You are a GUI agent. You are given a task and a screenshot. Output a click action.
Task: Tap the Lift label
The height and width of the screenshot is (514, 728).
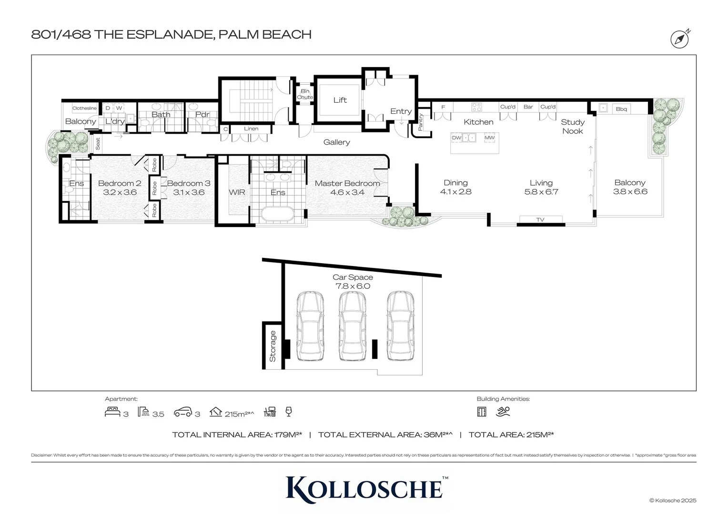click(x=340, y=100)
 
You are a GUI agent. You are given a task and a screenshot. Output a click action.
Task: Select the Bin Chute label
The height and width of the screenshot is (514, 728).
click(x=305, y=94)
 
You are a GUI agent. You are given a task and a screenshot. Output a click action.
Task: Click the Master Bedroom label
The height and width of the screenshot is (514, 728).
click(x=347, y=183)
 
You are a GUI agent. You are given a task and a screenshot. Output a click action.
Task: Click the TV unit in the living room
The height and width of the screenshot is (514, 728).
click(x=540, y=219)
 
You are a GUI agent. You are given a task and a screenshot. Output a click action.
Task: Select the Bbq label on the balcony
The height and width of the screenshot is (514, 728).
click(x=621, y=109)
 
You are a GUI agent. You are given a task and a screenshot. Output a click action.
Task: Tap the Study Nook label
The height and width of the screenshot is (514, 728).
click(x=572, y=127)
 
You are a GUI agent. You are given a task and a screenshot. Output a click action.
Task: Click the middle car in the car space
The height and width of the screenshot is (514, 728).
click(x=353, y=326)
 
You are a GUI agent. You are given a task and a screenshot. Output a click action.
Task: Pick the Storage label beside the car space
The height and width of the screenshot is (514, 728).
click(x=273, y=346)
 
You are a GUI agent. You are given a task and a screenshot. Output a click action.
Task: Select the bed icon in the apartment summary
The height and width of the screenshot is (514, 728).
click(x=112, y=412)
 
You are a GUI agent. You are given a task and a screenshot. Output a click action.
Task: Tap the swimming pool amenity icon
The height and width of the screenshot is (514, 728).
click(x=503, y=412)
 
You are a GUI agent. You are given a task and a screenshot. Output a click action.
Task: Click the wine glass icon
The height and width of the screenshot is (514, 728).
click(x=288, y=412)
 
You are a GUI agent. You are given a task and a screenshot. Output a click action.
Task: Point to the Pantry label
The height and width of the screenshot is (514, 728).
click(x=420, y=122)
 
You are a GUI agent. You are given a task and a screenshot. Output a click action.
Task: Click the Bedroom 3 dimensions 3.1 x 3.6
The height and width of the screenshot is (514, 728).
click(x=189, y=192)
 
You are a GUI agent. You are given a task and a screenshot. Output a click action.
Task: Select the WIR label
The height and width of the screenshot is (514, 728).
click(x=237, y=192)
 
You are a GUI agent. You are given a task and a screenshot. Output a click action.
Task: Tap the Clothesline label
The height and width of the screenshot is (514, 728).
click(x=84, y=109)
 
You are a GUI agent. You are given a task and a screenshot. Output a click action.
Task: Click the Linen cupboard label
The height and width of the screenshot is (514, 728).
click(x=251, y=128)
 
